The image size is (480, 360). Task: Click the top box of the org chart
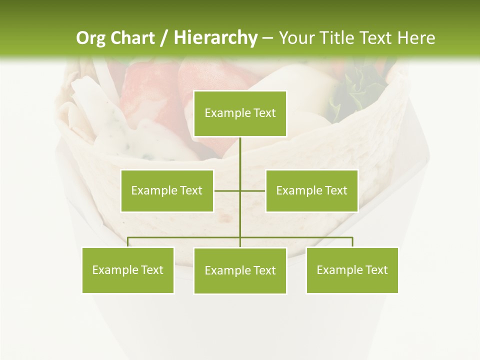point(240,113)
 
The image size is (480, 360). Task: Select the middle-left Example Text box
point(167,190)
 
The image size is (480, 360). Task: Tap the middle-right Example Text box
point(311,190)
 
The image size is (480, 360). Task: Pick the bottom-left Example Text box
point(128,270)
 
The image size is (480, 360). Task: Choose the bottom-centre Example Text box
point(240,270)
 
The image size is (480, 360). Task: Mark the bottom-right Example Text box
point(352,270)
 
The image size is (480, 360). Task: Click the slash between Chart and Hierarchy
point(164,38)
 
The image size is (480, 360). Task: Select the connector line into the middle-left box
point(227,190)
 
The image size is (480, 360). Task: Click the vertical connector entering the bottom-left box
point(128,242)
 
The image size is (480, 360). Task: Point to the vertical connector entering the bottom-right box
point(352,242)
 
